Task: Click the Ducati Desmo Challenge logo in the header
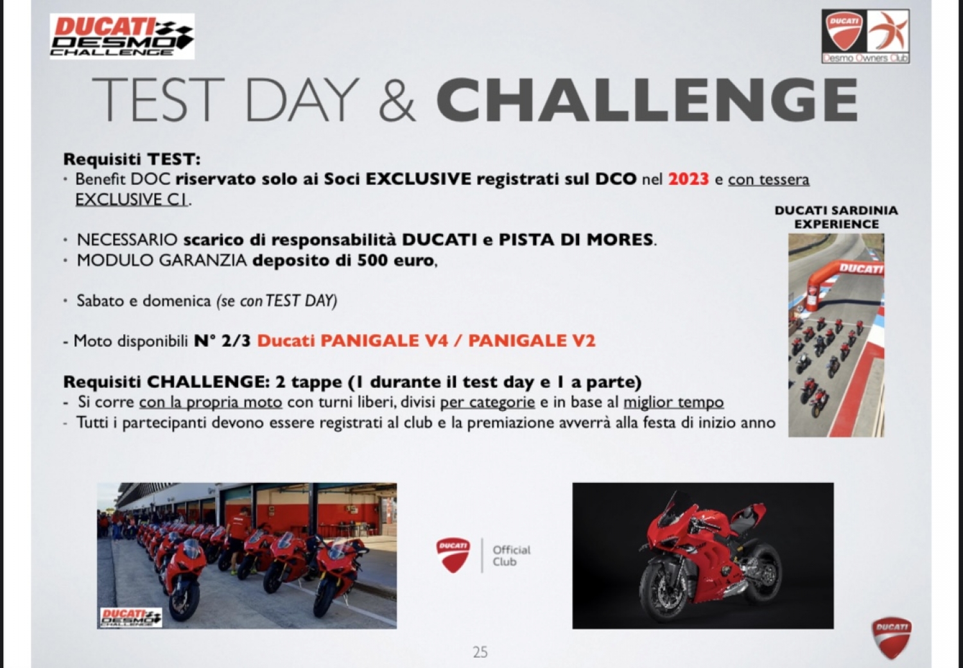click(122, 36)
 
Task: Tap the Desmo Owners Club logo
click(865, 37)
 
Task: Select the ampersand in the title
click(397, 101)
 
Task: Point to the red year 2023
click(688, 179)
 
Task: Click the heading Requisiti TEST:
click(132, 159)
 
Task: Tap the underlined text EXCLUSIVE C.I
click(132, 200)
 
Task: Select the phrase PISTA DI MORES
click(576, 240)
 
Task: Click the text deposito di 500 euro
click(343, 260)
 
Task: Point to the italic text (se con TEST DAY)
click(277, 301)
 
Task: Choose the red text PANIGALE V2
click(532, 340)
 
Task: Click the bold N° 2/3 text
click(222, 340)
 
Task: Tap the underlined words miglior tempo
click(673, 403)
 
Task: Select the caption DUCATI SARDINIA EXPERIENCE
click(836, 217)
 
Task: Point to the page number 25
click(480, 652)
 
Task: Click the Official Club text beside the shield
click(511, 556)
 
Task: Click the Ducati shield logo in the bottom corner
click(892, 637)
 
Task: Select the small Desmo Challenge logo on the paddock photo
click(131, 617)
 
